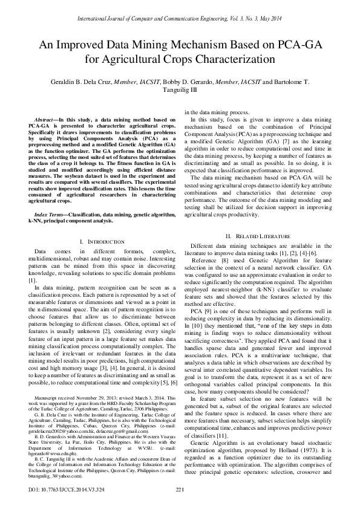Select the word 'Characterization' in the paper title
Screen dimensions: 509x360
pyautogui.click(x=238, y=60)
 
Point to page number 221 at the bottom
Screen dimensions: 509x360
pyautogui.click(x=180, y=489)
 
